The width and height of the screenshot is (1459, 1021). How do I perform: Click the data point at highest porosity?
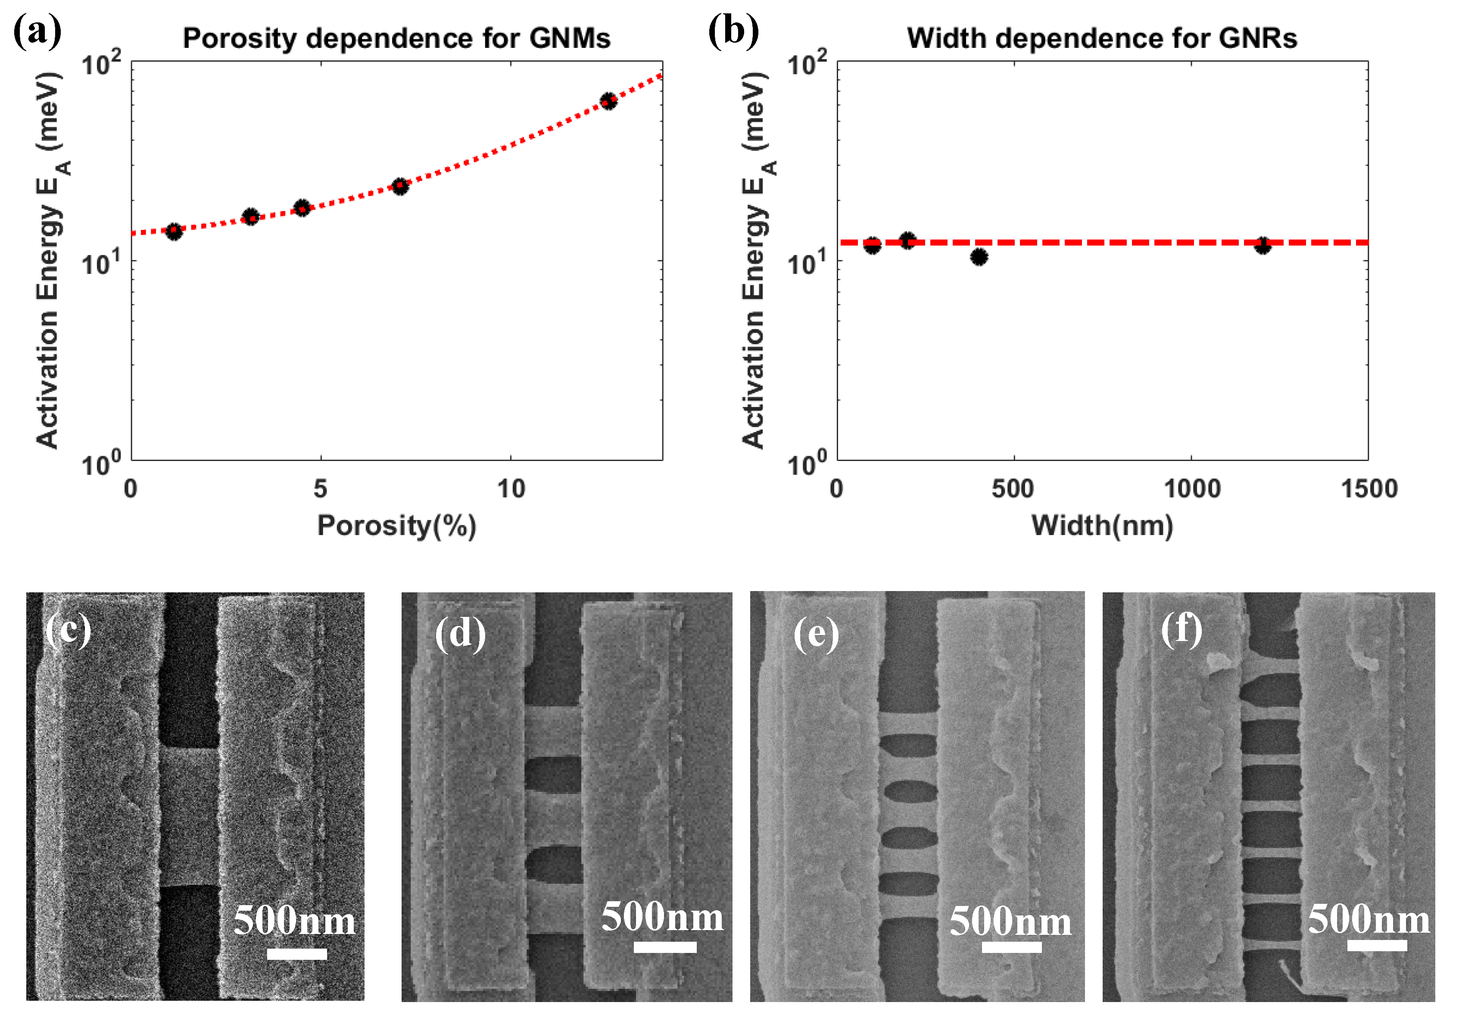[x=608, y=101]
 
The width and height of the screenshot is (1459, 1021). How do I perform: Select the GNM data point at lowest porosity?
[x=174, y=231]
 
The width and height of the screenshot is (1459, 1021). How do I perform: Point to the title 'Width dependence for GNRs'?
[x=1102, y=39]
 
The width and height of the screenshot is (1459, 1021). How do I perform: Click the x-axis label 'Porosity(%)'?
[x=396, y=526]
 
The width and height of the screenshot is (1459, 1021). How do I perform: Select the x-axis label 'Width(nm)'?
[x=1102, y=526]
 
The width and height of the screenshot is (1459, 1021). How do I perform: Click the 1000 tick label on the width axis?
[x=1191, y=489]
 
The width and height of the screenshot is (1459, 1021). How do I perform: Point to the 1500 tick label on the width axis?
[x=1369, y=489]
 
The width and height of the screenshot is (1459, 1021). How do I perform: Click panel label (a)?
[x=37, y=32]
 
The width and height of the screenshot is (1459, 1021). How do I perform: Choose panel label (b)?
[x=733, y=32]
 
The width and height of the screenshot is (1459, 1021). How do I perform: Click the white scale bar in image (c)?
[x=297, y=954]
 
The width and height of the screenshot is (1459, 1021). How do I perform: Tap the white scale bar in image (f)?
[x=1376, y=945]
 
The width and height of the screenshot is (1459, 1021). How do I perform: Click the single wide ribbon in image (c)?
[x=189, y=816]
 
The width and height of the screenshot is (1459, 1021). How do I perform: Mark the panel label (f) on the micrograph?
[x=1182, y=630]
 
